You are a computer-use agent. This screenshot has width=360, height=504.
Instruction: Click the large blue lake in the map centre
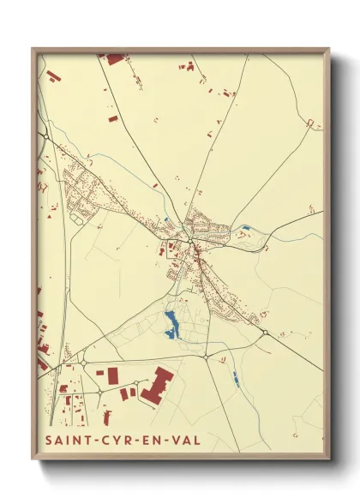point(171,323)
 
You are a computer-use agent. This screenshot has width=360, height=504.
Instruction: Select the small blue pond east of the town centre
point(245,228)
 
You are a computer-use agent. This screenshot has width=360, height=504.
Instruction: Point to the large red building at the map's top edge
point(114,59)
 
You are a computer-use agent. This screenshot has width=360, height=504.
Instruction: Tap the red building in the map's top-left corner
point(54,76)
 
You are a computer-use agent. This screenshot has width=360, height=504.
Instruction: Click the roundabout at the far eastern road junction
point(266,333)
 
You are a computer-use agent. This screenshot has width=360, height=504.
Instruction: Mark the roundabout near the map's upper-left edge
point(43,135)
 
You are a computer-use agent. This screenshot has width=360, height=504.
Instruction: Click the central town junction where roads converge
point(195,246)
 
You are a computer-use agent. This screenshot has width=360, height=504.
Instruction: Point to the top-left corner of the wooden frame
point(33,49)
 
